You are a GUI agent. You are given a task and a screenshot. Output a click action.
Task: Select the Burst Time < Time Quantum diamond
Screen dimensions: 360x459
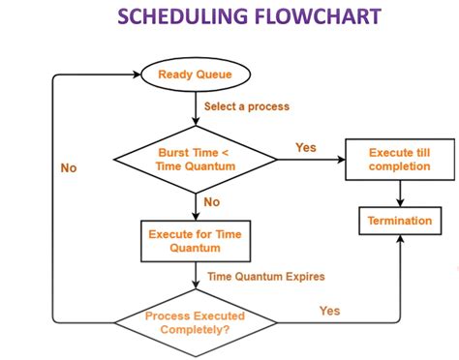point(195,160)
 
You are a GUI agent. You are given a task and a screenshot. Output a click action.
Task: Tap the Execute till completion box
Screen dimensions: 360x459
point(399,160)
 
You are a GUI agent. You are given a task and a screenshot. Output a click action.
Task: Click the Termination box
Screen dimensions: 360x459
point(399,221)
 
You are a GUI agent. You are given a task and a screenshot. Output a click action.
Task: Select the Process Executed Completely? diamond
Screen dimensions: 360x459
point(195,321)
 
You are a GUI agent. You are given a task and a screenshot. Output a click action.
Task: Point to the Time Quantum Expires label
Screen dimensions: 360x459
point(266,277)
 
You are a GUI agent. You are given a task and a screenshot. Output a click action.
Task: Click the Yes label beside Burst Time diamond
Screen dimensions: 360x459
point(306,147)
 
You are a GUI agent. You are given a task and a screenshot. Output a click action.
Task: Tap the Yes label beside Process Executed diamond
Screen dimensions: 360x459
point(329,311)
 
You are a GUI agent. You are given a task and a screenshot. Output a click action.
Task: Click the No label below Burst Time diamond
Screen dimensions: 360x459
point(210,203)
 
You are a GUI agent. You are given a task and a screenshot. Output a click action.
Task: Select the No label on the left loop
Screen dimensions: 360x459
point(67,167)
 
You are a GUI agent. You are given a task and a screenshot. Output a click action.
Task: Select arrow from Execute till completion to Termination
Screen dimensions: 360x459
point(399,193)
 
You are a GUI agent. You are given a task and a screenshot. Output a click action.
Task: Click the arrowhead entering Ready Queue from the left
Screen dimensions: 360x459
point(136,74)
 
